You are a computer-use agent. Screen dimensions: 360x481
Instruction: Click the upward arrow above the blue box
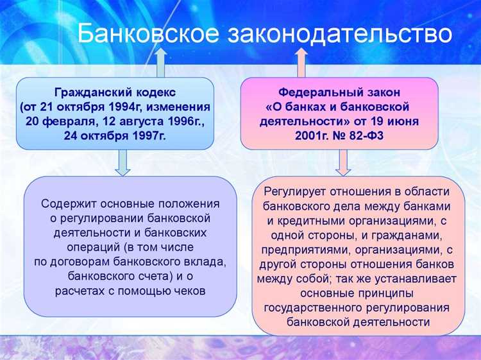(x=161, y=63)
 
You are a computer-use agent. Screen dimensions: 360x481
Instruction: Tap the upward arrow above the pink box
(x=301, y=63)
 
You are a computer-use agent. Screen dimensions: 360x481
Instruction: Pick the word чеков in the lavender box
(x=189, y=290)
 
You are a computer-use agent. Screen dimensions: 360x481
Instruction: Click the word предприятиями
(x=299, y=249)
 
